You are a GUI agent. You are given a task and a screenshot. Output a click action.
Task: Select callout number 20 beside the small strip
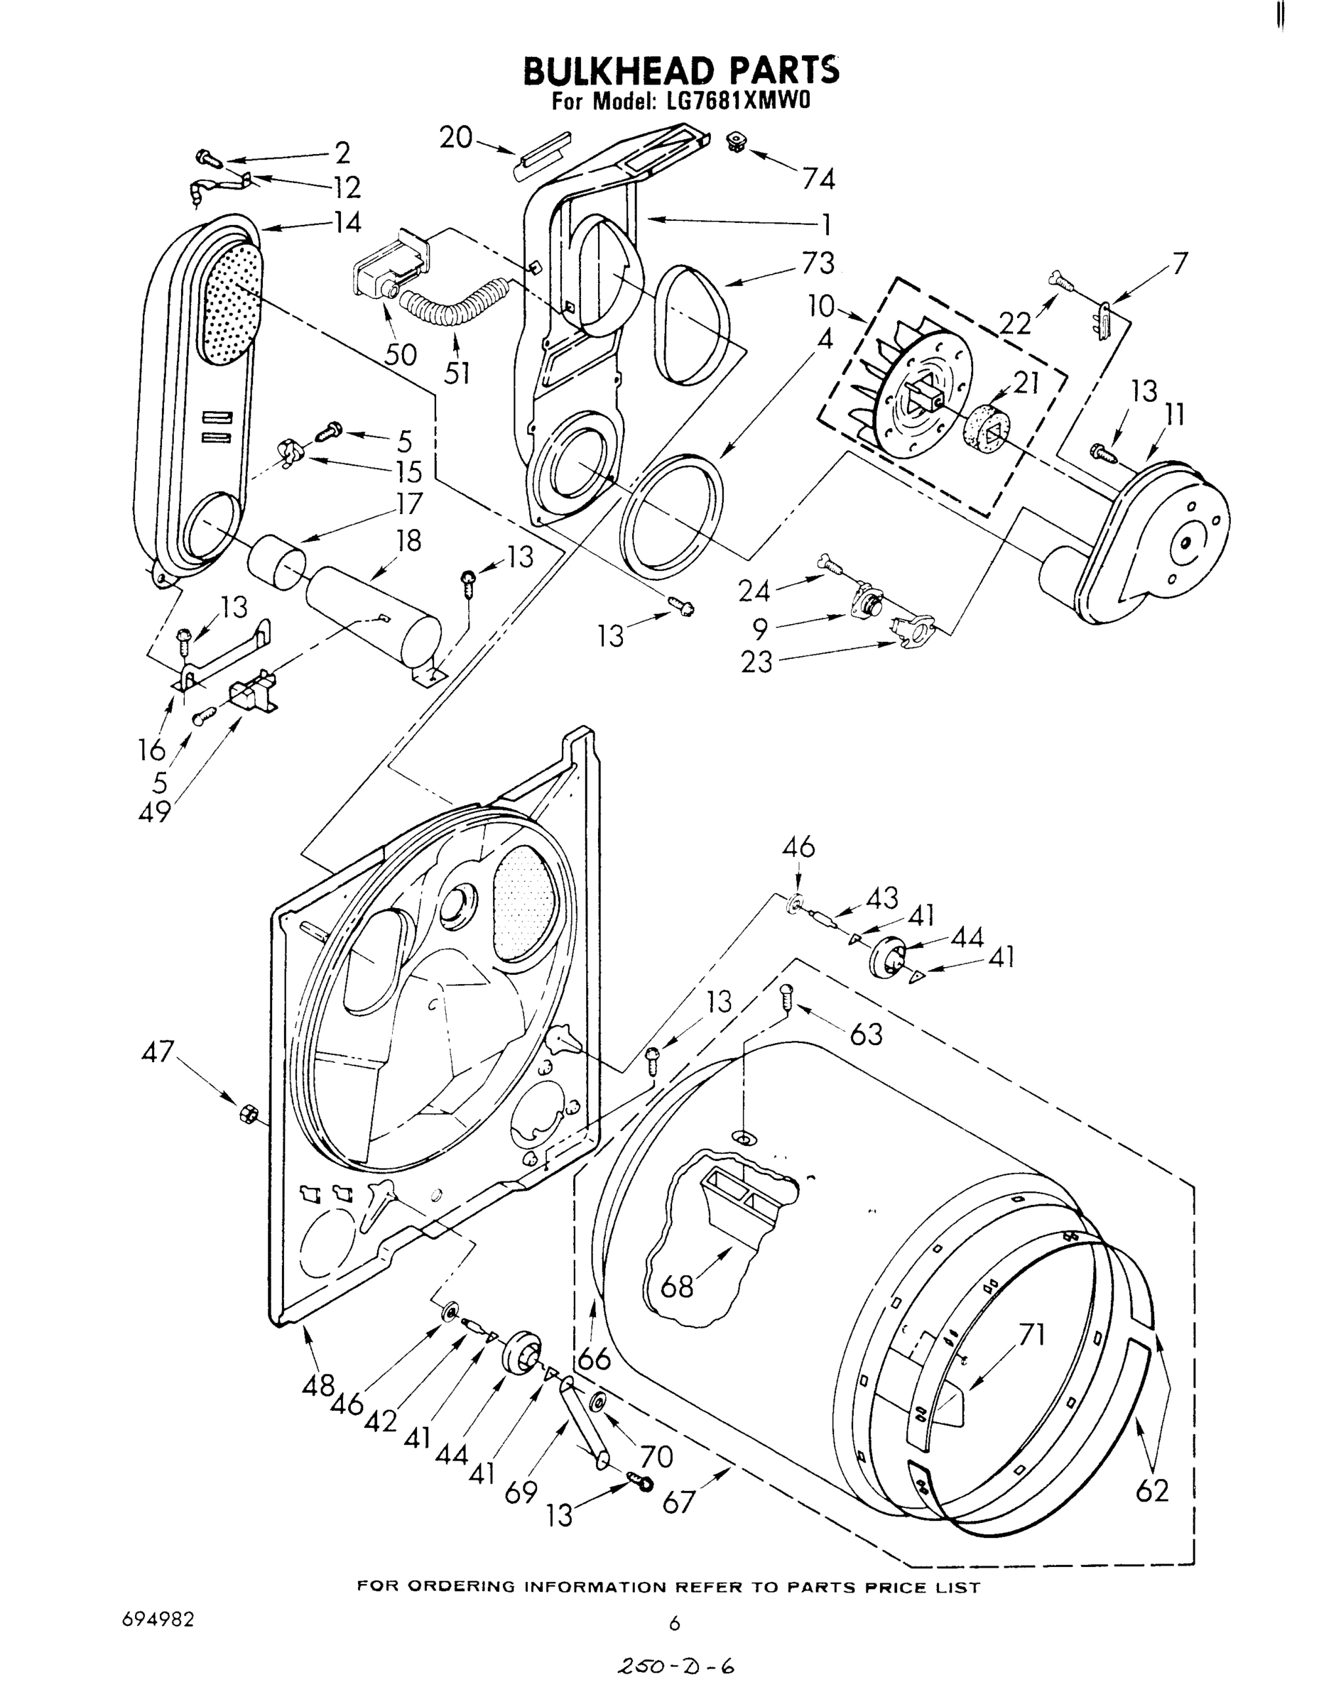455,138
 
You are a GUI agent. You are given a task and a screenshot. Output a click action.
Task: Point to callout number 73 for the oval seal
818,262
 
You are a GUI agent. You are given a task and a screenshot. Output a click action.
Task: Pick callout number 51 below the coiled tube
457,371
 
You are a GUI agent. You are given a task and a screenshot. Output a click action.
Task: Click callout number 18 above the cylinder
408,541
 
